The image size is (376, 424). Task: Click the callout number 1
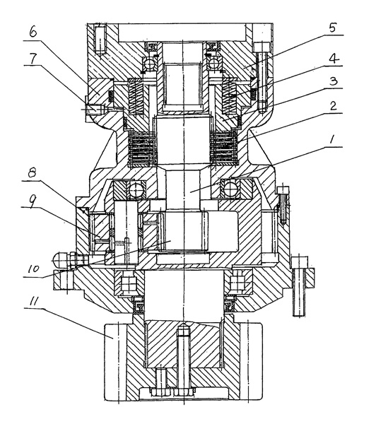click(x=332, y=139)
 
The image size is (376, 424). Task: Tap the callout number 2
click(x=334, y=105)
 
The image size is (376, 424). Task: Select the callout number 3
click(x=334, y=81)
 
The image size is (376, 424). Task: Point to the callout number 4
click(x=334, y=59)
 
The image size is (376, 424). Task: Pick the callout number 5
click(x=333, y=28)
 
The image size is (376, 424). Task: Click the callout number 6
click(x=33, y=32)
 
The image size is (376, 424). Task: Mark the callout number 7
click(x=33, y=59)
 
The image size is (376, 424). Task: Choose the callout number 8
click(x=32, y=173)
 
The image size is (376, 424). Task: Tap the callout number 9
click(x=32, y=201)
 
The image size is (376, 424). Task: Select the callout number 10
click(x=34, y=269)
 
